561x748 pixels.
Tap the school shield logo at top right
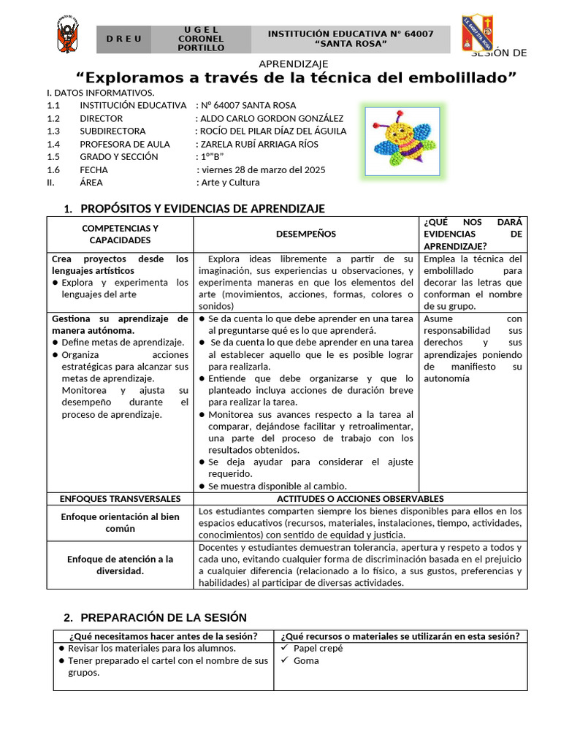pos(477,34)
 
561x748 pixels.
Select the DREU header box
pos(123,39)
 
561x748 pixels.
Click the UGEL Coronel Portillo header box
pos(201,39)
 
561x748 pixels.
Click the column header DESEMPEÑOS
pos(306,234)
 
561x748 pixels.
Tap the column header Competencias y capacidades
pos(120,234)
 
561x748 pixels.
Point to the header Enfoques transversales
pos(120,498)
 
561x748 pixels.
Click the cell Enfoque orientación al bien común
pos(120,522)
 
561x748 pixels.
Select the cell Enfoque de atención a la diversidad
pos(120,565)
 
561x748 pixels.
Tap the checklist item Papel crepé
pos(318,648)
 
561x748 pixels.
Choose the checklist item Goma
pos(306,661)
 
